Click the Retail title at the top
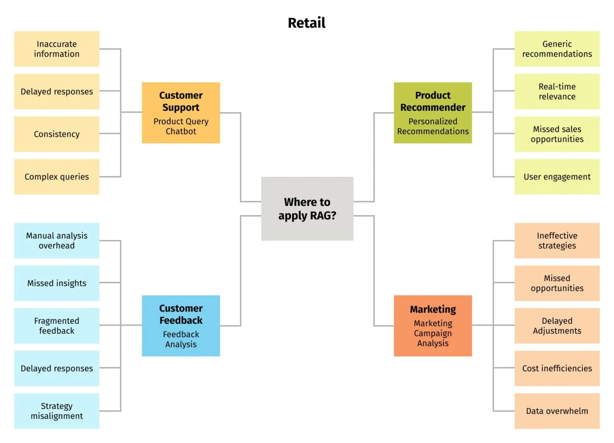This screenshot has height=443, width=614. point(307,23)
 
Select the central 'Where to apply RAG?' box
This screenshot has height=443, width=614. point(307,208)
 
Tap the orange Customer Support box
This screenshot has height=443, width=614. point(181,113)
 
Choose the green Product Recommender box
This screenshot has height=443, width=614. point(433,113)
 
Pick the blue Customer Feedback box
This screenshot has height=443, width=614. point(181,325)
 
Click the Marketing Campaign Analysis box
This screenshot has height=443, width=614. point(433,325)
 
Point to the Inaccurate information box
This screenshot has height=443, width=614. point(57,49)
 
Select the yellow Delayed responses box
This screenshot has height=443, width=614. point(57,92)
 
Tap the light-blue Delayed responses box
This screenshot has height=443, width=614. point(57,368)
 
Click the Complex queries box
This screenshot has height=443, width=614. point(57,177)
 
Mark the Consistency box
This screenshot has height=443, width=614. point(57,134)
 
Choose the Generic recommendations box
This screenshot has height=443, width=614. point(557,49)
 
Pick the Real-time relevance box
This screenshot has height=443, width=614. point(557,92)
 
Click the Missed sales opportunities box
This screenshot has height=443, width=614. point(557,134)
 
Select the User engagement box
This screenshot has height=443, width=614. point(557,177)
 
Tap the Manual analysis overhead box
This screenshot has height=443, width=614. point(57,240)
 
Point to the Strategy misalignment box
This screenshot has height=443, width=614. point(57,411)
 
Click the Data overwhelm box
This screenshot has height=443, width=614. point(557,411)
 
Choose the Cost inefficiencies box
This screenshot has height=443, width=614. point(557,368)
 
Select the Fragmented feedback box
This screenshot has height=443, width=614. point(57,325)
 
